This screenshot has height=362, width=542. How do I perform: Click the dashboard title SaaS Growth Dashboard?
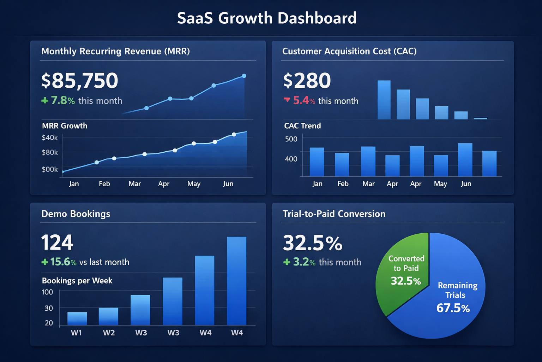[x=267, y=18]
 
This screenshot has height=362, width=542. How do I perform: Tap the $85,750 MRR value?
[x=80, y=81]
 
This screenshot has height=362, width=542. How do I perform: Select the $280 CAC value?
[x=307, y=81]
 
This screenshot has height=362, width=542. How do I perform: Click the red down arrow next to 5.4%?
[x=287, y=100]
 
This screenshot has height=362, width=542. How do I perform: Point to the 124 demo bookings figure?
[x=57, y=243]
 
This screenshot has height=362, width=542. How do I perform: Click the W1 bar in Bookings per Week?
[x=77, y=318]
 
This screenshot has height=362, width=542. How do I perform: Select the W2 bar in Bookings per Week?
[x=108, y=316]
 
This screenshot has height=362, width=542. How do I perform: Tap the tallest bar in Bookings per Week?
[x=236, y=281]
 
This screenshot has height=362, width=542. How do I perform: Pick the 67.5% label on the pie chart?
[x=453, y=308]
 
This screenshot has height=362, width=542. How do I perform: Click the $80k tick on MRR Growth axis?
[x=50, y=152]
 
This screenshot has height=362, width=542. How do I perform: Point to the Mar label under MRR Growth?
[x=134, y=184]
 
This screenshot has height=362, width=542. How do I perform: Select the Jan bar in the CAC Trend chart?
[x=317, y=162]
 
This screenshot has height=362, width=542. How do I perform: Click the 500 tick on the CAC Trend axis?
[x=291, y=139]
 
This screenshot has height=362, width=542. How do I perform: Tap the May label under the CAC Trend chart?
[x=440, y=184]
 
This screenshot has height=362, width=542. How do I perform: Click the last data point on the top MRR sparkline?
[x=244, y=76]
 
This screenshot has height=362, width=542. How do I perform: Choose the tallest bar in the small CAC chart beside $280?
[x=384, y=100]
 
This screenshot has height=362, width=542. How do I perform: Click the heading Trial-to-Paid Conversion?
[x=334, y=214]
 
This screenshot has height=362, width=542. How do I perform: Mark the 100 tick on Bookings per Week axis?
[x=47, y=292]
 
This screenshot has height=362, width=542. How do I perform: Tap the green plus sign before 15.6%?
[x=45, y=262]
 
